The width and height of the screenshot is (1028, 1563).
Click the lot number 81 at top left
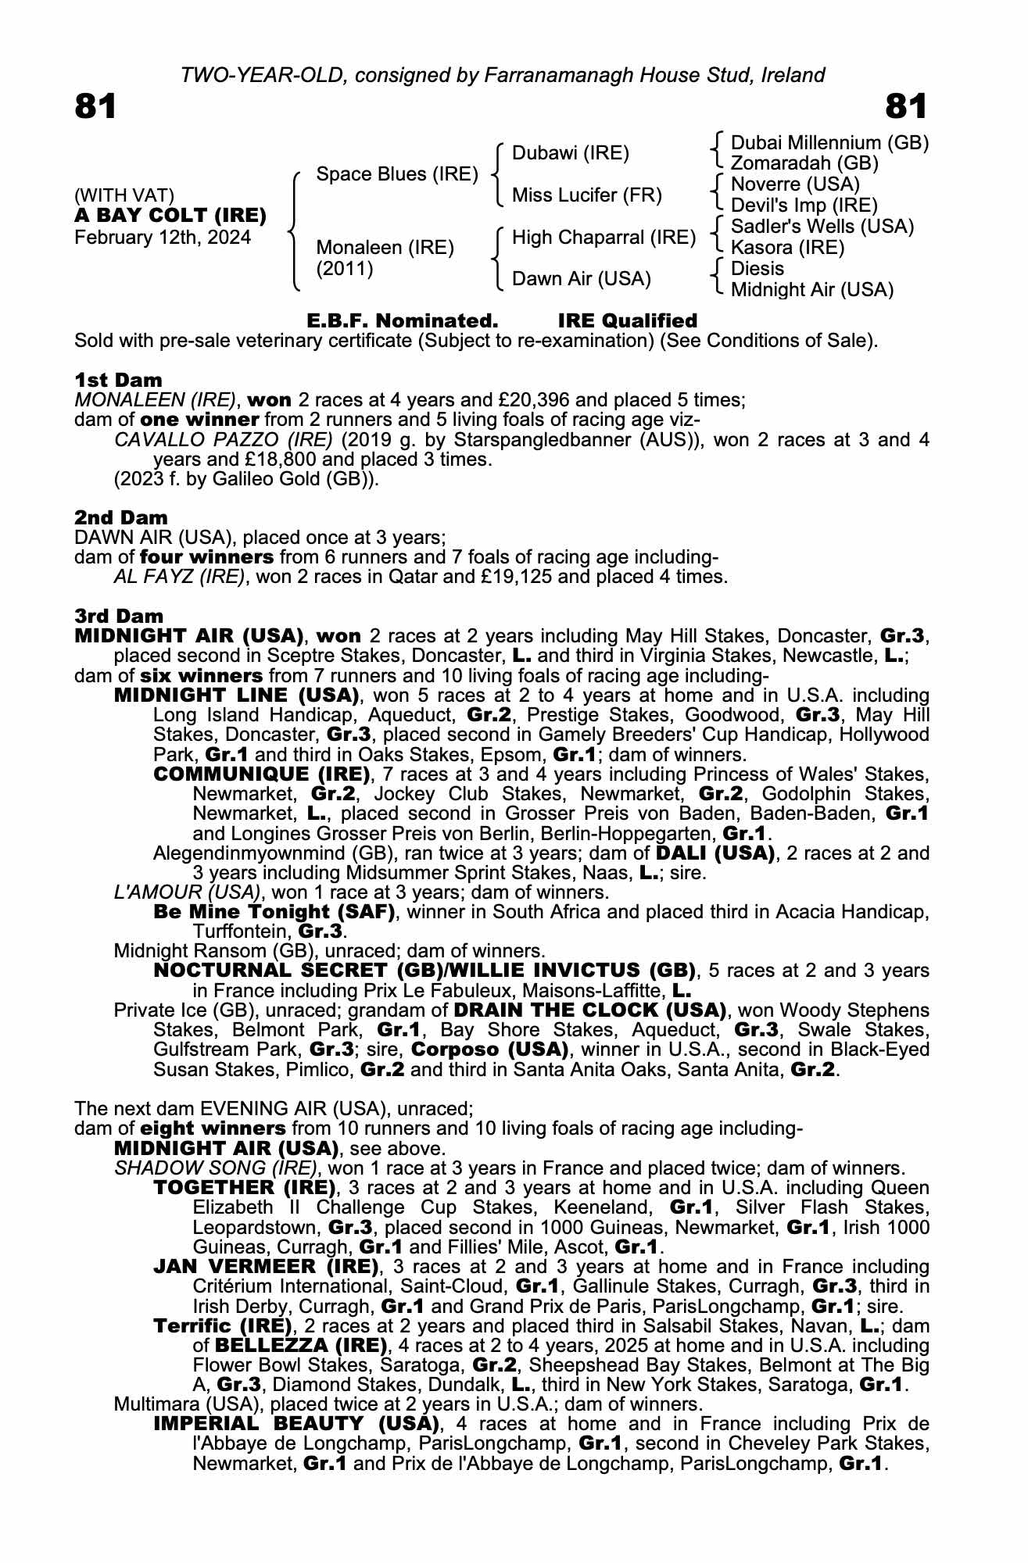click(95, 107)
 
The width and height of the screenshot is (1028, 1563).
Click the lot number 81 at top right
click(907, 107)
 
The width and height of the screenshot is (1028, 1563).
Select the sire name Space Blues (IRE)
click(396, 173)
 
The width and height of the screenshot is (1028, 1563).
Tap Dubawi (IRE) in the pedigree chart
click(570, 153)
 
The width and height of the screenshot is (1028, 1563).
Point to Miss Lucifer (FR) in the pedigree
click(586, 195)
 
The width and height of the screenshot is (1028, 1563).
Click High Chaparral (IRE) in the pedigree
click(604, 237)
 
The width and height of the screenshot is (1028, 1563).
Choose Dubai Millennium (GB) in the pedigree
click(829, 143)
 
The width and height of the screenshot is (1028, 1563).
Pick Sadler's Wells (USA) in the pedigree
click(822, 227)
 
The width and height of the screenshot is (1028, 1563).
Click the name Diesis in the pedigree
click(757, 268)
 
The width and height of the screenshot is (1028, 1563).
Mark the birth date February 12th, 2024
click(163, 238)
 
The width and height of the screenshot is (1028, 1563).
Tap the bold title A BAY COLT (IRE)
click(170, 215)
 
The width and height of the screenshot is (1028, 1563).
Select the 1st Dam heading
click(118, 380)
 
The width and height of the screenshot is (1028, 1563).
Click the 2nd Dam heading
click(120, 517)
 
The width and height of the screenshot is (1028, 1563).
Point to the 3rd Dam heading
click(120, 616)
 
